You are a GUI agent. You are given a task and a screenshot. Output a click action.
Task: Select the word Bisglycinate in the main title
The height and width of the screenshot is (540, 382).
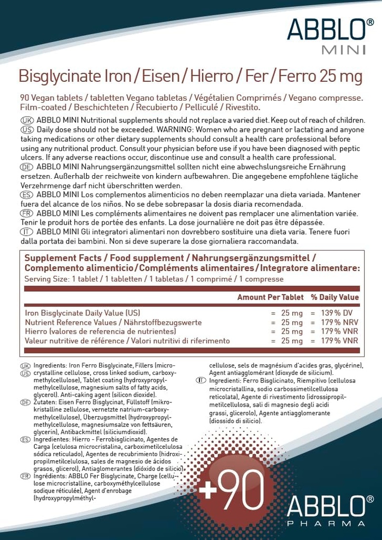click(58, 77)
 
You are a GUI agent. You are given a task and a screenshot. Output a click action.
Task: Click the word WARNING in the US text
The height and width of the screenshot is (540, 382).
click(176, 130)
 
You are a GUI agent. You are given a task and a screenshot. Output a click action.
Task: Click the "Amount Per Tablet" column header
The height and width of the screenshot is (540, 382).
click(271, 297)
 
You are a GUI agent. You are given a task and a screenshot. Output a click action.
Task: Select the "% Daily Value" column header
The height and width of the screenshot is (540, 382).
click(335, 297)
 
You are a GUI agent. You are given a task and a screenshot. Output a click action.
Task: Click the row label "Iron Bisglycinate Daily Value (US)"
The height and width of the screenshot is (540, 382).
click(83, 313)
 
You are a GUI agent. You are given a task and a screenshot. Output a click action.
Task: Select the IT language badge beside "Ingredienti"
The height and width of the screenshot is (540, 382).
click(200, 380)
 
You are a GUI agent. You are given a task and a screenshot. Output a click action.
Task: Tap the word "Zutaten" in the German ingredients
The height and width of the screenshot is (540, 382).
click(45, 402)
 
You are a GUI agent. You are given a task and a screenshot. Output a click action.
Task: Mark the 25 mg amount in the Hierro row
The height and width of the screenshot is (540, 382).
click(292, 332)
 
